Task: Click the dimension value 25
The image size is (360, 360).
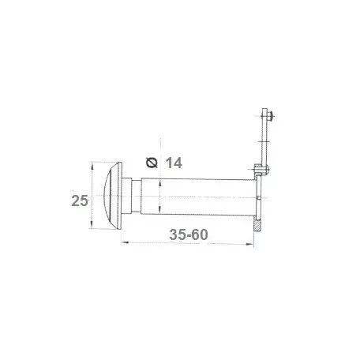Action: [x=80, y=201]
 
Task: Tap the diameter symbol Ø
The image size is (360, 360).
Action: [x=152, y=163]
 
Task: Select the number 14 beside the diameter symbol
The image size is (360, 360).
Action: [x=174, y=163]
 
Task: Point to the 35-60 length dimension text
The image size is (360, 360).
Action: [x=189, y=234]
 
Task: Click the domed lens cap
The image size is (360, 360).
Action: [x=113, y=195]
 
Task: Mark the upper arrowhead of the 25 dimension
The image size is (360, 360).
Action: [x=92, y=166]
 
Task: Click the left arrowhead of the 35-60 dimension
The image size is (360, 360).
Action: [x=125, y=242]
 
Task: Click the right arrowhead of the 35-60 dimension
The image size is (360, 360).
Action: [x=249, y=244]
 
